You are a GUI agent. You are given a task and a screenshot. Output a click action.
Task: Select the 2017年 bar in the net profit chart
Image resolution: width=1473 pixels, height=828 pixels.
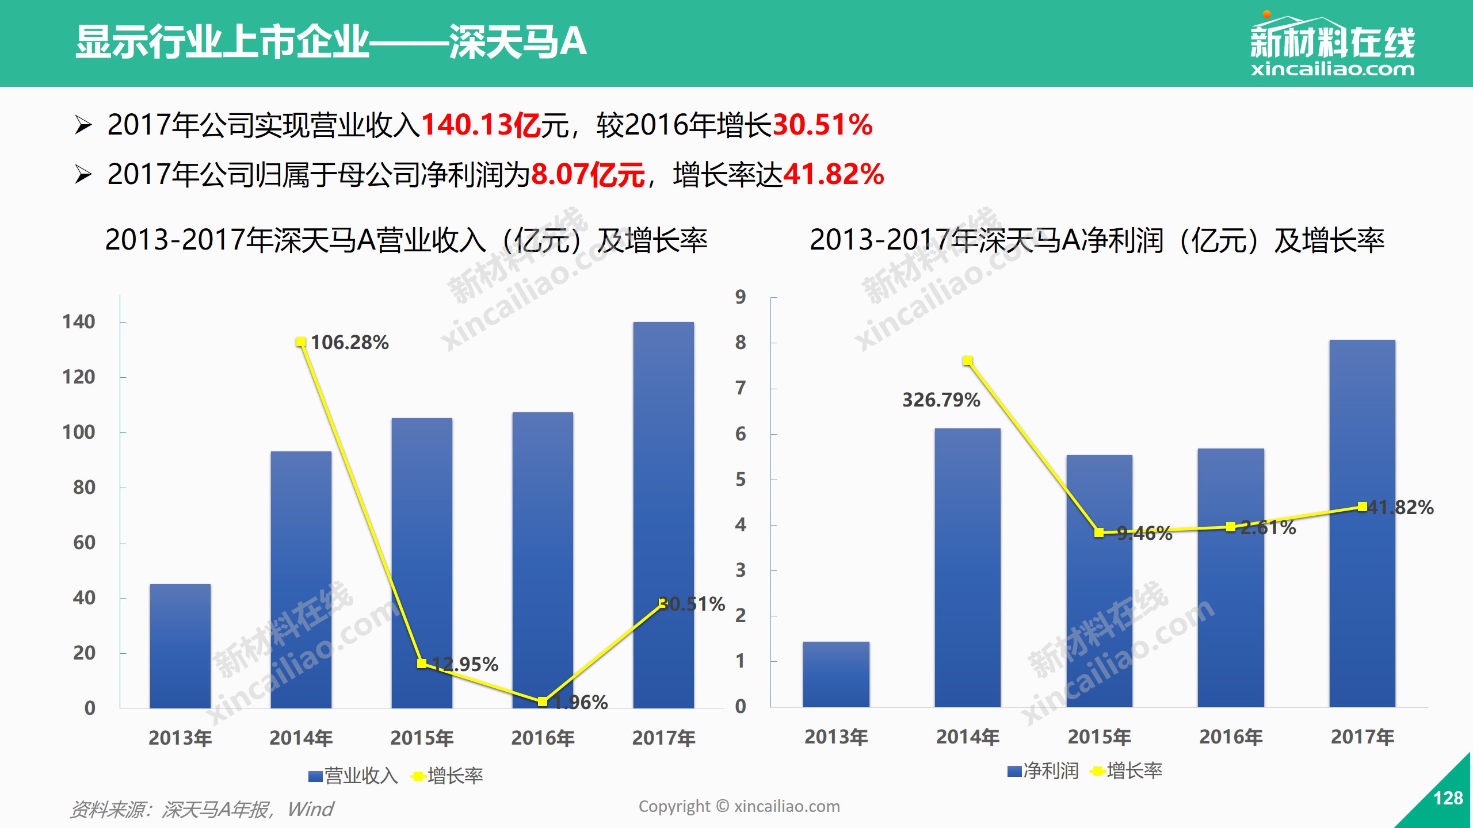click(1362, 523)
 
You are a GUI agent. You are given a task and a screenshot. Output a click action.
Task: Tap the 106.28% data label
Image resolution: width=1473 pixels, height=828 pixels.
click(350, 343)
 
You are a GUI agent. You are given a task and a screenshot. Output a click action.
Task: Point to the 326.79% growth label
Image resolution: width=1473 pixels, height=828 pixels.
click(941, 400)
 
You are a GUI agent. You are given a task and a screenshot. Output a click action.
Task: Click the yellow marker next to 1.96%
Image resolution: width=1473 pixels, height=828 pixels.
click(542, 701)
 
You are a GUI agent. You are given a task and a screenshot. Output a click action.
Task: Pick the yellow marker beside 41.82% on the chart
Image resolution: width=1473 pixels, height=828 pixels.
click(1362, 507)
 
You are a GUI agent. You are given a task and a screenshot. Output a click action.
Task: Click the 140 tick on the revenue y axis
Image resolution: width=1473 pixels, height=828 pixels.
click(79, 322)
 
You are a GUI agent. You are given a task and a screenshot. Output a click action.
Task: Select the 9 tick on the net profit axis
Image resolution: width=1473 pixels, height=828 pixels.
click(741, 297)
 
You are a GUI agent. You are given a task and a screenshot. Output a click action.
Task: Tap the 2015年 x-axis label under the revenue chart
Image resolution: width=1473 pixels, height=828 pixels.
click(422, 738)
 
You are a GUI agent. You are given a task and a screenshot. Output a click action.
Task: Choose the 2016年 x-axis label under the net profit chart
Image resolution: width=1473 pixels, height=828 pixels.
click(1231, 737)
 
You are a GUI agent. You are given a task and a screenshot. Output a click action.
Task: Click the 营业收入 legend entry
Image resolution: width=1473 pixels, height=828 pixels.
click(353, 776)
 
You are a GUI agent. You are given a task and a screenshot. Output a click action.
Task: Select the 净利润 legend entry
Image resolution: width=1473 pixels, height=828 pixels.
click(1043, 771)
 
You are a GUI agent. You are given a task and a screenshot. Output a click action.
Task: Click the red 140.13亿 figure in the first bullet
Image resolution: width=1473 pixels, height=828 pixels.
click(481, 125)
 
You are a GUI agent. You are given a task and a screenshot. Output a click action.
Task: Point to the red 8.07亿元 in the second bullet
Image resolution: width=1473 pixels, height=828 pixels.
click(587, 175)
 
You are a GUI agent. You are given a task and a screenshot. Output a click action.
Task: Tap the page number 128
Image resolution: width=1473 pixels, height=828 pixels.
click(1448, 798)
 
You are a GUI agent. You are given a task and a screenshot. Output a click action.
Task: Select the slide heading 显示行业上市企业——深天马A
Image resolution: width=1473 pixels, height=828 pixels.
click(331, 42)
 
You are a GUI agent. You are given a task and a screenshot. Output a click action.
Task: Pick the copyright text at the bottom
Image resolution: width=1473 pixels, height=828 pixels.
click(739, 807)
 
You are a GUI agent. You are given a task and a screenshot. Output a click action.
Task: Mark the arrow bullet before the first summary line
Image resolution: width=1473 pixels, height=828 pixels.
click(83, 125)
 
